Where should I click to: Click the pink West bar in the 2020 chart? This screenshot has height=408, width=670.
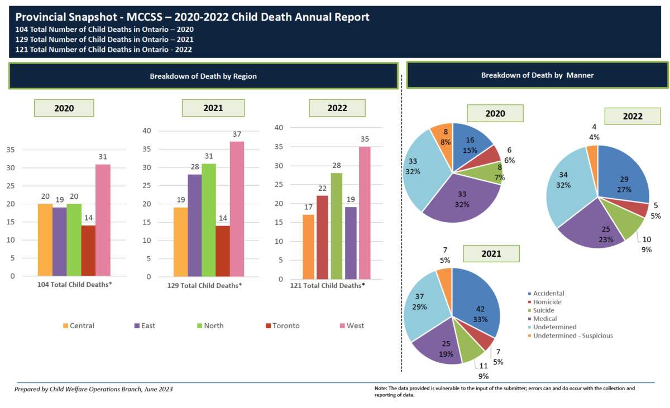pos(102,220)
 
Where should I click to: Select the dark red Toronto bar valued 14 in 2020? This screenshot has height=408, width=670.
pos(88,251)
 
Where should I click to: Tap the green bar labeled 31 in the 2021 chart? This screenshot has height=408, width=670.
pos(209,220)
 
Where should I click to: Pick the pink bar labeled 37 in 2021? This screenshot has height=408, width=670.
pos(237,209)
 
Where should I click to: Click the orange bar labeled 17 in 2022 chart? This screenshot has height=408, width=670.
pos(308,247)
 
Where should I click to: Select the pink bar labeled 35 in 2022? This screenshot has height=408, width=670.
pos(365,213)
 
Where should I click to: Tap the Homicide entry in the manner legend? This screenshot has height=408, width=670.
pos(547,302)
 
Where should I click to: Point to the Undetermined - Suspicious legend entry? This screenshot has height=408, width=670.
pos(572,335)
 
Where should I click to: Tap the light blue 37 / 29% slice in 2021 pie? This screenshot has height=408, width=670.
pos(427,304)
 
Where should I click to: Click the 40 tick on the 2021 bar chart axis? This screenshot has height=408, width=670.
pos(146,131)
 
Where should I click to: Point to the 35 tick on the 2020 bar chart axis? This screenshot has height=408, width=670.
pos(10,150)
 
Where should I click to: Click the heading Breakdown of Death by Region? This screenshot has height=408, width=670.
pos(203,76)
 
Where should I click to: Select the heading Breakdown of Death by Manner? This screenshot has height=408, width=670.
pos(537,75)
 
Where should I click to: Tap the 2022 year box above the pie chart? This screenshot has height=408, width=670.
pos(633,117)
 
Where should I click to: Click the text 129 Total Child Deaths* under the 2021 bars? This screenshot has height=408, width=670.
pos(204,286)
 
